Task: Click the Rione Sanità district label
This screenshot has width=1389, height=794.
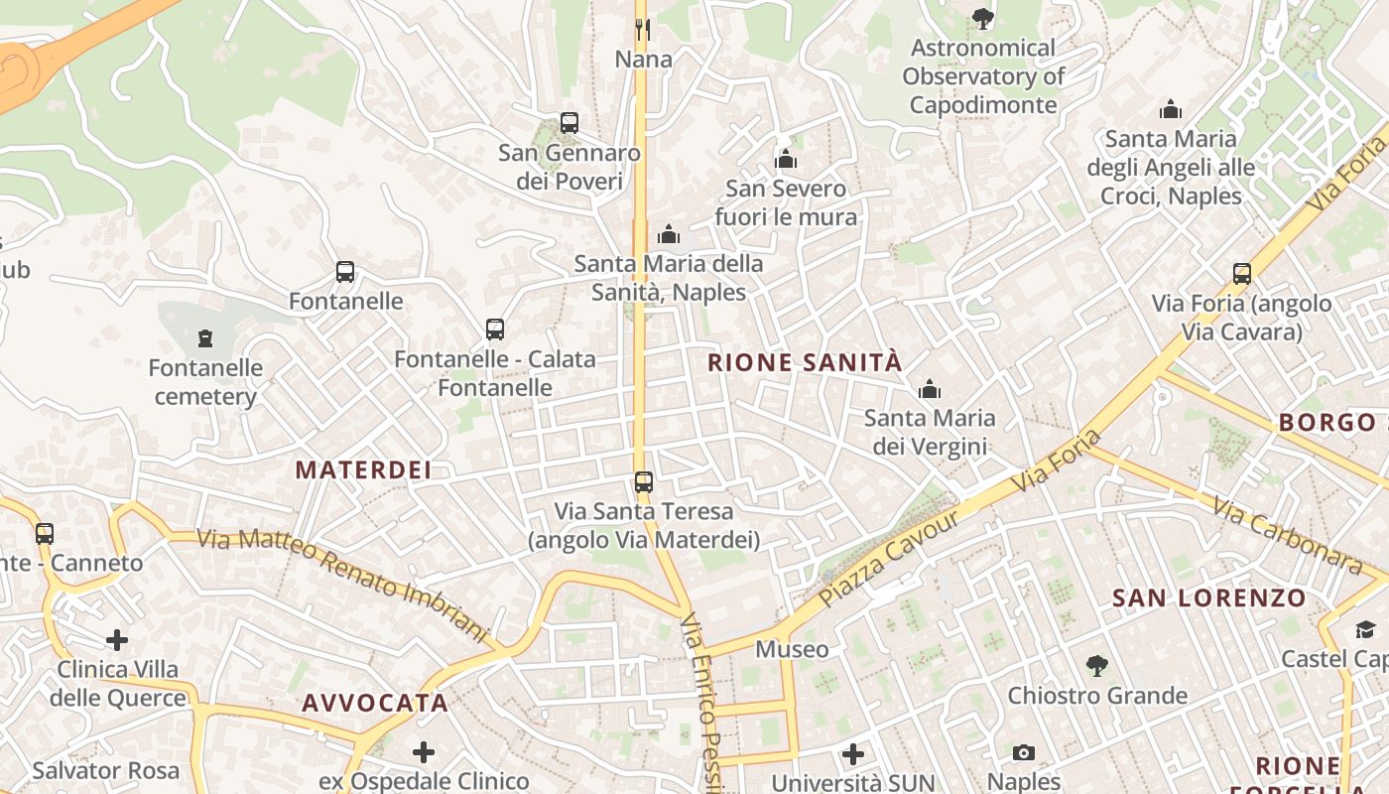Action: tap(805, 362)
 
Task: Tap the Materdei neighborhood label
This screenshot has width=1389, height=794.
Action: tap(364, 469)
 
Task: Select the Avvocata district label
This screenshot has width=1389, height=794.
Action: tap(375, 703)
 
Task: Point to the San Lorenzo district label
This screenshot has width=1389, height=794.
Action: tap(1209, 597)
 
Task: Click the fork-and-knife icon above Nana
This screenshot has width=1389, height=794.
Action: tap(643, 29)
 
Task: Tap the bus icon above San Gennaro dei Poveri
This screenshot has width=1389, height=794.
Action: tap(569, 123)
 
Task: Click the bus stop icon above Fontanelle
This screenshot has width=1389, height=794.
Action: tap(345, 272)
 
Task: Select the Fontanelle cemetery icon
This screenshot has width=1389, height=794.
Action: tap(205, 338)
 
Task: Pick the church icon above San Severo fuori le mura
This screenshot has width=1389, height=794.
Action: tap(786, 159)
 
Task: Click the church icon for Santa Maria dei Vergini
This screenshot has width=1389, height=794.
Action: tap(930, 389)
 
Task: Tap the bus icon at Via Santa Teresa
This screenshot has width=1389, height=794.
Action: tap(644, 482)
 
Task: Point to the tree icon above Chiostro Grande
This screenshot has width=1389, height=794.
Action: tap(1097, 665)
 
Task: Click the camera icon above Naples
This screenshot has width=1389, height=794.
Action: tap(1024, 753)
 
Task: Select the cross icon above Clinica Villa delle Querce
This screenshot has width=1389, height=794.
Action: tap(117, 640)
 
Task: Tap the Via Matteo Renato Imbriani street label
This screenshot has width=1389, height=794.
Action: tap(343, 585)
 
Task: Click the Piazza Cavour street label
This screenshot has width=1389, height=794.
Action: tap(891, 558)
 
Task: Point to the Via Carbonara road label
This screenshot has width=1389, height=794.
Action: tap(1287, 536)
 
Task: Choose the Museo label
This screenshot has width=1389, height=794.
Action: tap(792, 649)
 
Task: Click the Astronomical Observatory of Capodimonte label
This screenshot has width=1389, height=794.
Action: tap(983, 75)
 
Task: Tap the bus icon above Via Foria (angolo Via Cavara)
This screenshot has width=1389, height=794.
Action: tap(1241, 273)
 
